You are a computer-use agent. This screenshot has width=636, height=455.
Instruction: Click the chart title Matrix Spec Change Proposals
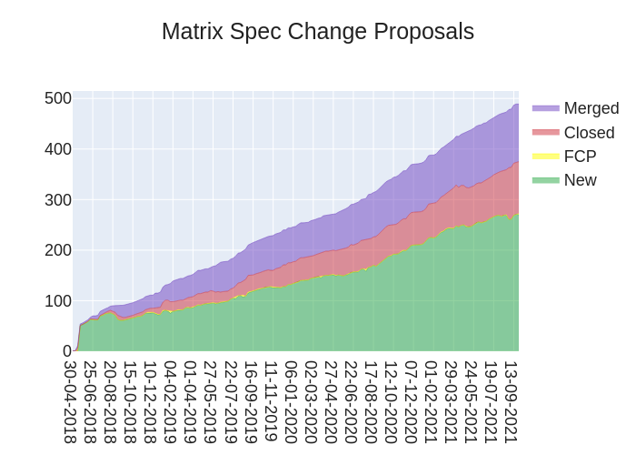pos(318,32)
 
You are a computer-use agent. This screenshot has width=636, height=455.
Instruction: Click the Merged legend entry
pos(591,108)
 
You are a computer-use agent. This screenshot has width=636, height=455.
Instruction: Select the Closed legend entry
pos(589,133)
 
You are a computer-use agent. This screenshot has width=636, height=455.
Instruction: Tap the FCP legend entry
pos(580,157)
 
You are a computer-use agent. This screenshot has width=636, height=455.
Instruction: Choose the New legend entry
pos(580,180)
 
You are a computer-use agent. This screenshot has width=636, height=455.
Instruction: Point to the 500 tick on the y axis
pos(58,98)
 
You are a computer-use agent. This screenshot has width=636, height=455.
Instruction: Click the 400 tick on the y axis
pos(58,149)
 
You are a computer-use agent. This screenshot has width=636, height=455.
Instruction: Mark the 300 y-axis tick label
pos(58,199)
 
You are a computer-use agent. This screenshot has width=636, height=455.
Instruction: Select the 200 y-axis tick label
pos(58,250)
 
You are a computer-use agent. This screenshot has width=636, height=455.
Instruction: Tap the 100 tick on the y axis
pos(58,300)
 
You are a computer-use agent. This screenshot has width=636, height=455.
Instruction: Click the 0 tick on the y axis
pos(66,351)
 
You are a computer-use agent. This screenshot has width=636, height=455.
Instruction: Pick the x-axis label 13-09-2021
pos(511,401)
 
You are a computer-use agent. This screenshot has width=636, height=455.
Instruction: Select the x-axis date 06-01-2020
pos(291,401)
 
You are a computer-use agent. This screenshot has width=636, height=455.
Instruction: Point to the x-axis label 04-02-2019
pos(171,401)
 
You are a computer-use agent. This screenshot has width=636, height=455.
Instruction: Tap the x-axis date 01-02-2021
pos(431,401)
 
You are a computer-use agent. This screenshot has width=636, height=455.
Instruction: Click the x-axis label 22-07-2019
pos(231,401)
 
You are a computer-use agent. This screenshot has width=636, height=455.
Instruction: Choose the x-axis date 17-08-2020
pos(371,401)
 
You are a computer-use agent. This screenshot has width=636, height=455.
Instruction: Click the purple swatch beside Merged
pos(546,108)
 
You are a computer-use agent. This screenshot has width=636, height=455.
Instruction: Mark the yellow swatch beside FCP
pos(546,157)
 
